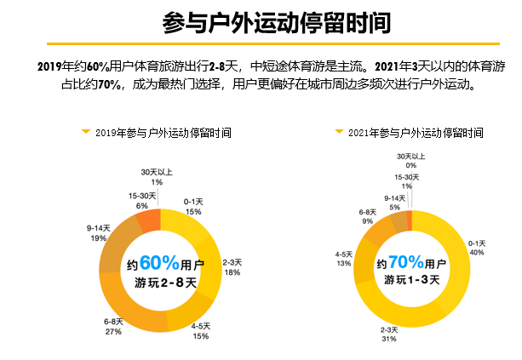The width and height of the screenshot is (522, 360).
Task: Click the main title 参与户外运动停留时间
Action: [x=261, y=20]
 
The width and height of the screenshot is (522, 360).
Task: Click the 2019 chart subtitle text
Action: [x=163, y=134]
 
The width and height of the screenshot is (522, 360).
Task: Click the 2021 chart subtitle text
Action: [x=416, y=134]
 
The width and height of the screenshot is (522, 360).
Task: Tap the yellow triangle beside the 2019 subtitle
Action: [x=85, y=133]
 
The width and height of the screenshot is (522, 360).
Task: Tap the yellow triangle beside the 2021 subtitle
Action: [x=339, y=133]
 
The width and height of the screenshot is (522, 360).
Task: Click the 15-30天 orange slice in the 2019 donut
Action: [x=148, y=220]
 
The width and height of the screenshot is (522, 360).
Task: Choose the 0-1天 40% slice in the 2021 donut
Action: [x=456, y=255]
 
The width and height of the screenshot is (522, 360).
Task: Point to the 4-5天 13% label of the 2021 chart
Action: [x=344, y=259]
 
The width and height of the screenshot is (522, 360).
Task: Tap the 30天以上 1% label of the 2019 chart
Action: [x=157, y=177]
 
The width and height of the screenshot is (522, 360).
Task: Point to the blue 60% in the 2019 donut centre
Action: [x=158, y=262]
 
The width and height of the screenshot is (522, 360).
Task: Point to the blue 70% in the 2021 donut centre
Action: [x=406, y=262]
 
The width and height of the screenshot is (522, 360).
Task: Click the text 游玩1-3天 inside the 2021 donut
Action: [x=411, y=280]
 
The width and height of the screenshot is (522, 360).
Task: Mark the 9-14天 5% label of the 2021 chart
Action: [x=394, y=202]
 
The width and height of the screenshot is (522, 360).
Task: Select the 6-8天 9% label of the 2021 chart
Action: [x=367, y=216]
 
